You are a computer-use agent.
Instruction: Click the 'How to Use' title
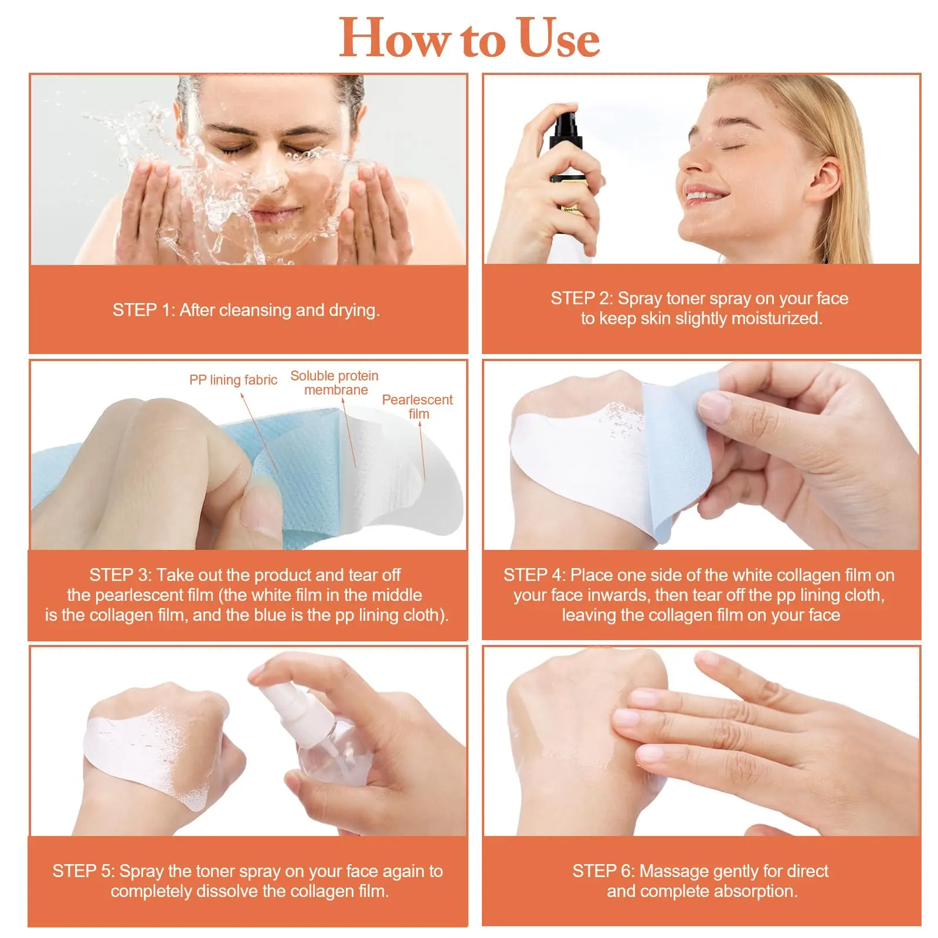pos(469,38)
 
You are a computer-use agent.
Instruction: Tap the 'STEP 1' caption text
pos(246,310)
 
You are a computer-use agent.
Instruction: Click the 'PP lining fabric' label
pos(233,380)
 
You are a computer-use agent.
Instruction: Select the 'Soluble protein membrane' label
pos(335,383)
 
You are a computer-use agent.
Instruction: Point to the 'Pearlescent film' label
pos(417,406)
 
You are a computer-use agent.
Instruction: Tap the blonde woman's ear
pos(825,176)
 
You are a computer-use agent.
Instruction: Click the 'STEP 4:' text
pos(534,575)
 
